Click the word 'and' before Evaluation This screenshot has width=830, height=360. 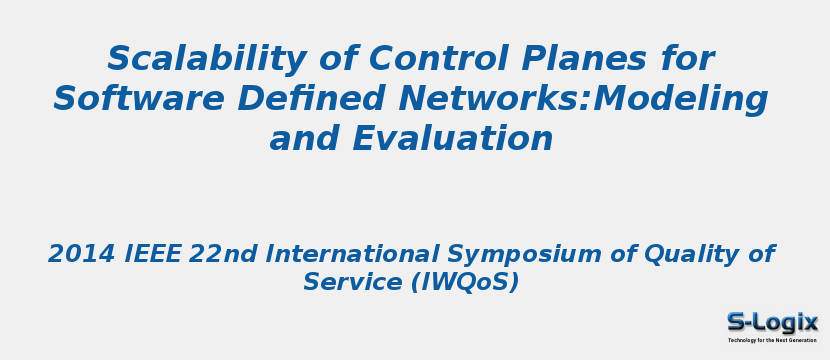pyautogui.click(x=304, y=139)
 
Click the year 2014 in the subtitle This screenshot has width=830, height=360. pyautogui.click(x=81, y=254)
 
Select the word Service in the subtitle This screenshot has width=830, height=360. pyautogui.click(x=350, y=283)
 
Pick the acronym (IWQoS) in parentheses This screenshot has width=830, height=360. pyautogui.click(x=465, y=283)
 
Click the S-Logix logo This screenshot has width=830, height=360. pyautogui.click(x=772, y=322)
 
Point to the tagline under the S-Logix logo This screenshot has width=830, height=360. pyautogui.click(x=772, y=340)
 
